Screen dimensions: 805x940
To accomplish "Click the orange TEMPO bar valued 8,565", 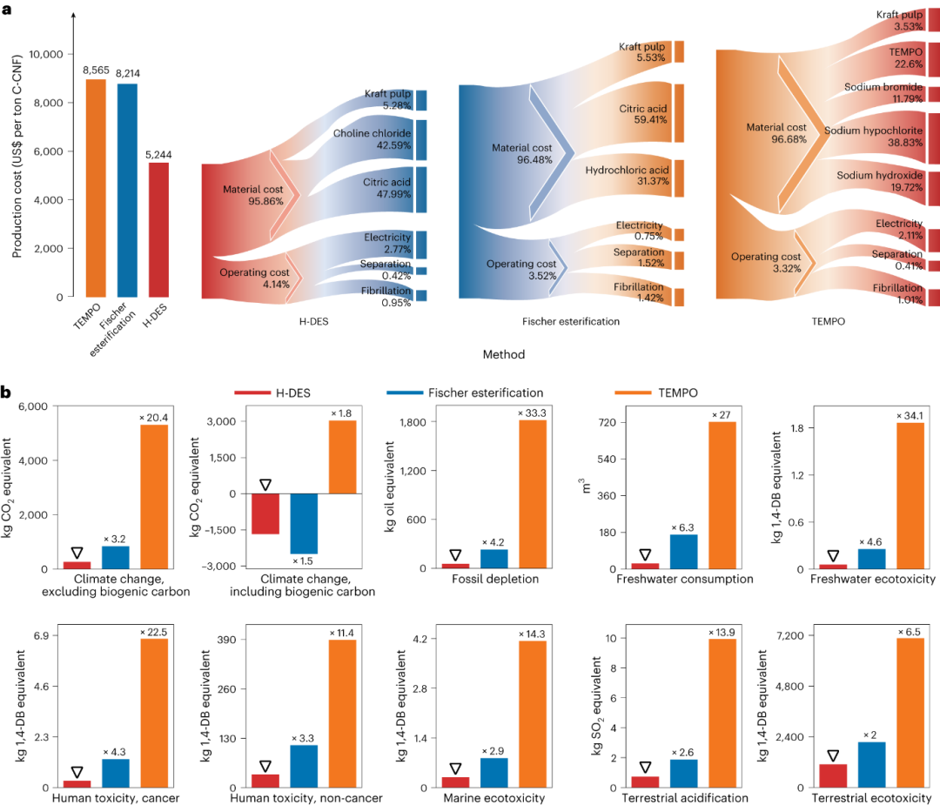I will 97,187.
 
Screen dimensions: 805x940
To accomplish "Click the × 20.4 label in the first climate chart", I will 154,418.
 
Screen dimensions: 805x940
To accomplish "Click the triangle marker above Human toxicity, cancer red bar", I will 77,772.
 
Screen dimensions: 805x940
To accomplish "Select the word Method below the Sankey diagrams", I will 504,354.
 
